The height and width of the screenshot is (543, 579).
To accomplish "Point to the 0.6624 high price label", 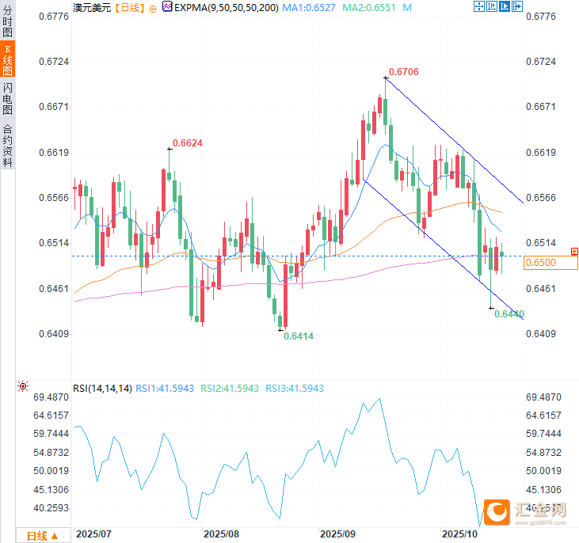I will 188,143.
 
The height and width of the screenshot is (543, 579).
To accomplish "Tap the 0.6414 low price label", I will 299,336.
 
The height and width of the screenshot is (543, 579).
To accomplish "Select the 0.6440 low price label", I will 509,314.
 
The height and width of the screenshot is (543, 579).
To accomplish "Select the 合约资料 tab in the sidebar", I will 8,145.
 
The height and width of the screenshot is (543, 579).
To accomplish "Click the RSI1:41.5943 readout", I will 165,389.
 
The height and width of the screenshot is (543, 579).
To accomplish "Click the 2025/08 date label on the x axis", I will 221,534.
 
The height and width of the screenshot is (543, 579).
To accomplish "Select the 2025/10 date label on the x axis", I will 461,534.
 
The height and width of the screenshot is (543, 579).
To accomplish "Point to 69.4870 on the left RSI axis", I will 51,397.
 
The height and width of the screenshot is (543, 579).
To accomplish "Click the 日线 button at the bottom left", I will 43,536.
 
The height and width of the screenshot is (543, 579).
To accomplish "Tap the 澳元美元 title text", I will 91,7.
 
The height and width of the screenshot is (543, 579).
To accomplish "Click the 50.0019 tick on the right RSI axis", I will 543,471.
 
